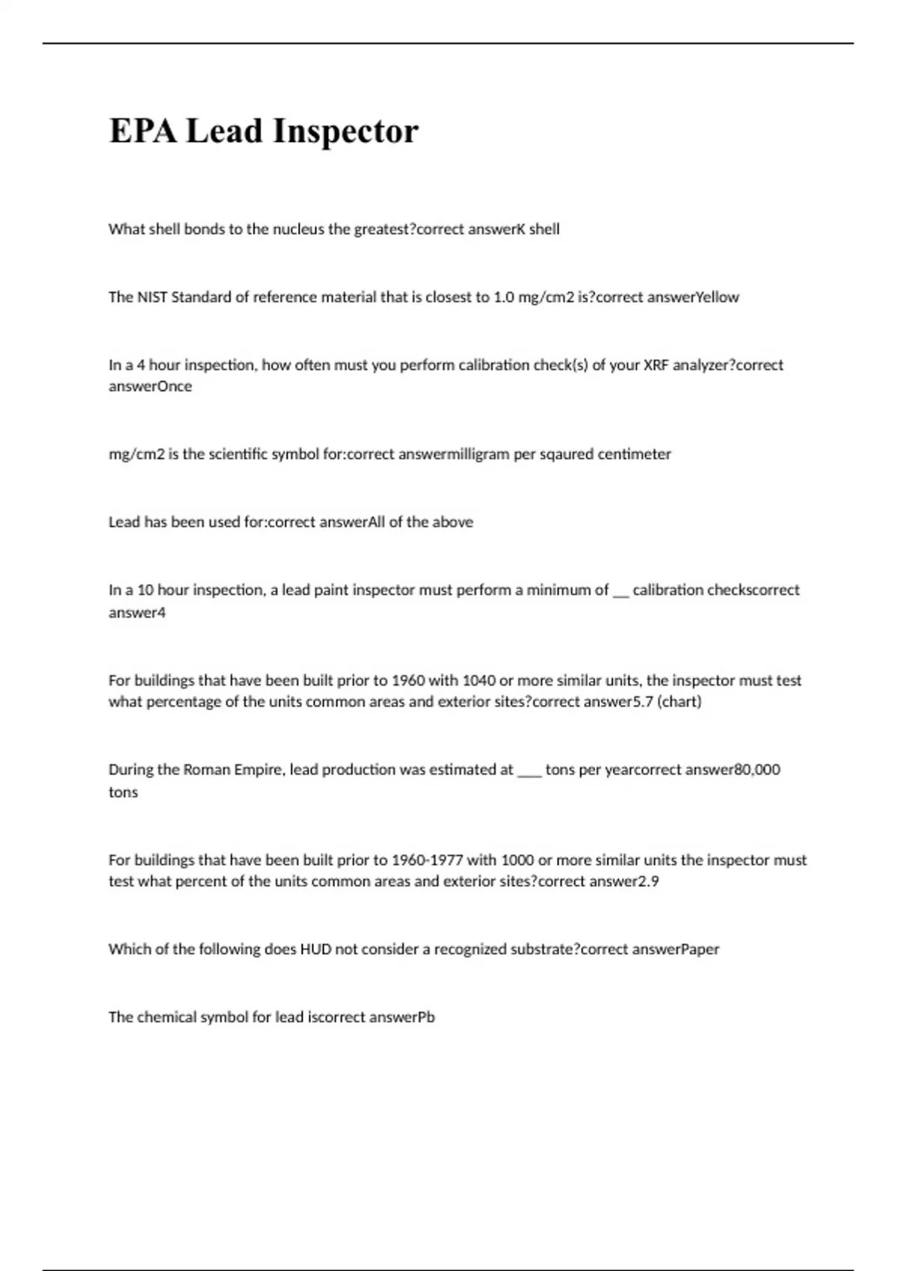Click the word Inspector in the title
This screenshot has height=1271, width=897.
click(x=345, y=132)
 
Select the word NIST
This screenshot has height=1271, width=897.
click(x=152, y=298)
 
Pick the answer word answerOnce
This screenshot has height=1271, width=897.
click(x=150, y=387)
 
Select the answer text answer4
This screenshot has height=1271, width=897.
click(x=137, y=613)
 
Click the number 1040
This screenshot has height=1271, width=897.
click(x=478, y=681)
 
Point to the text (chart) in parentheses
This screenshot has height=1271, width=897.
click(x=679, y=702)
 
